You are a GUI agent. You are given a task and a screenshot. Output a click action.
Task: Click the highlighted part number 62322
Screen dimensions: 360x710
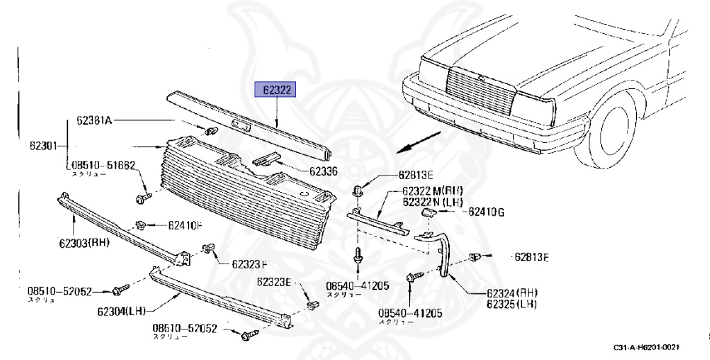click(x=277, y=90)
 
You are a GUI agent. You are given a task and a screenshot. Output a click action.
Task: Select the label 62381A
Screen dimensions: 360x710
click(x=94, y=121)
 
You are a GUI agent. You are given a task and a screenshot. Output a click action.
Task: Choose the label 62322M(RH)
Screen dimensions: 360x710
click(x=433, y=191)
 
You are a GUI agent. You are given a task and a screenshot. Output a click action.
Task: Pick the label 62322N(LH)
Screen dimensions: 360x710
click(x=433, y=201)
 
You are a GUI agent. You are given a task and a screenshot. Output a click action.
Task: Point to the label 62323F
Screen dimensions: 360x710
click(x=250, y=264)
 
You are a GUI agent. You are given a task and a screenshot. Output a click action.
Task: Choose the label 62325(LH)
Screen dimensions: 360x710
click(x=512, y=305)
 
